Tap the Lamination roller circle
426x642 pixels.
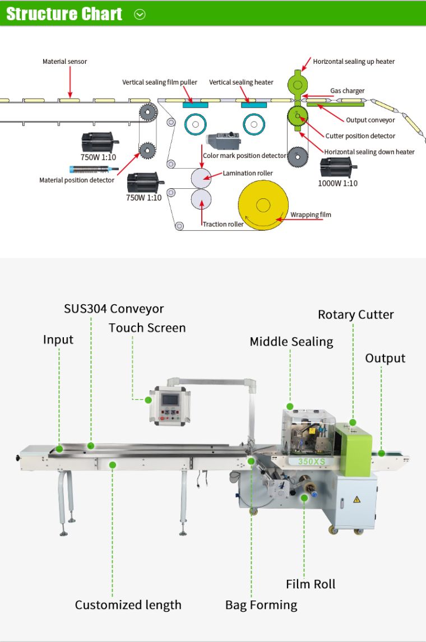201,178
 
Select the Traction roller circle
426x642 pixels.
201,199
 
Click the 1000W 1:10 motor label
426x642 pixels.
337,183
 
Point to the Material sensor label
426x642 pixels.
64,62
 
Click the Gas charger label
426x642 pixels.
347,91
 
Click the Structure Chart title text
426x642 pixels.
64,14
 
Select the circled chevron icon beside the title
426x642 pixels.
140,15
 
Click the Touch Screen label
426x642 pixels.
147,328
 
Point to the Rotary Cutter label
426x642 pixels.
355,314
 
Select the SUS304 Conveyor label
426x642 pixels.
113,309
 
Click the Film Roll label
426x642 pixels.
311,584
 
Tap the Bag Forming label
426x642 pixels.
261,605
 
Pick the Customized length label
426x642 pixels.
128,605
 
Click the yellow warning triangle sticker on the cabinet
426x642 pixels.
356,499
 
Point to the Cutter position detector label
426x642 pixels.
360,136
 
